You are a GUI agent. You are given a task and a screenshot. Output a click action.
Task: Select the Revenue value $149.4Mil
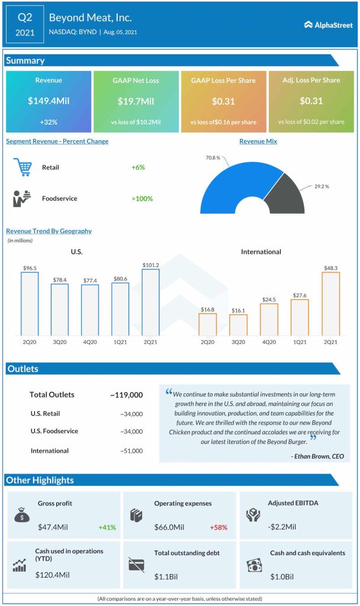[49, 101]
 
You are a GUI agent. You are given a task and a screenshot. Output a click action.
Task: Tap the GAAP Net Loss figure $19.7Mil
[136, 101]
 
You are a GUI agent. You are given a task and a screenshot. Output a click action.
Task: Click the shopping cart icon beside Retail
[22, 167]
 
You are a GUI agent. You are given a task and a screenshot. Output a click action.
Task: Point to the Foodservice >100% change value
[142, 198]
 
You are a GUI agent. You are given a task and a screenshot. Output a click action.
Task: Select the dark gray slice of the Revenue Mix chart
[287, 195]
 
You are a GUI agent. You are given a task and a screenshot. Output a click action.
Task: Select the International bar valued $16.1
[238, 325]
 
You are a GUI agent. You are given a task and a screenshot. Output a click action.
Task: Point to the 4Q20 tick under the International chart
[269, 342]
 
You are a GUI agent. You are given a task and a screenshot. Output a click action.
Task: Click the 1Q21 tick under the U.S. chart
[120, 342]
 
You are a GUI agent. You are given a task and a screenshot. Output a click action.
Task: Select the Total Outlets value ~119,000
[126, 395]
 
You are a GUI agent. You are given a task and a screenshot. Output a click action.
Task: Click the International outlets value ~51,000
[131, 451]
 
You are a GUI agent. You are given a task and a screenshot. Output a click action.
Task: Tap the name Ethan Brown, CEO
[317, 456]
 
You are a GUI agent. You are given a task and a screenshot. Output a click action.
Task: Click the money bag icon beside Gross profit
[21, 515]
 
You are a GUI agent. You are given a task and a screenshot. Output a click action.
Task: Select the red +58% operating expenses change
[218, 527]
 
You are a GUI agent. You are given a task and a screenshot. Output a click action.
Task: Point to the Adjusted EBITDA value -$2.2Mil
[283, 526]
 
